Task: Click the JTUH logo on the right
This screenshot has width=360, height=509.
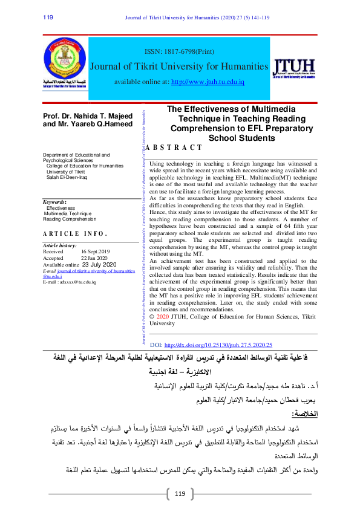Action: (x=294, y=68)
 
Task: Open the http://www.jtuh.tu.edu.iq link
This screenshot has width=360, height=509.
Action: (x=208, y=82)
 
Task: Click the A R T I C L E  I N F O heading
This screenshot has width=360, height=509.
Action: (x=75, y=233)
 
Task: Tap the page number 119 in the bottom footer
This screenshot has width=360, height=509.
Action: (x=180, y=494)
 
